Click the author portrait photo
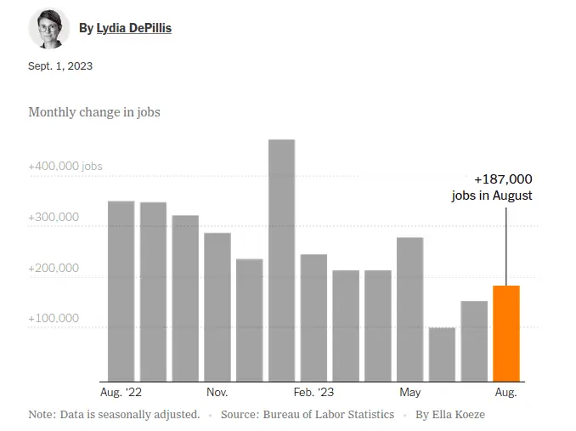pos(48,28)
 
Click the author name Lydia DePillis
pos(133,28)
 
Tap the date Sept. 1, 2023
pos(60,66)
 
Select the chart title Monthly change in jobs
pos(94,112)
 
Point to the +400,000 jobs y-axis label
pos(65,166)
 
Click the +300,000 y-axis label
pos(54,217)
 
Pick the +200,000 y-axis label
pos(54,268)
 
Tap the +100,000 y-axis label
pos(54,318)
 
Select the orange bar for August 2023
pos(505,333)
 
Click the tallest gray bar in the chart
pos(281,260)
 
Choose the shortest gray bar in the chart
pos(442,354)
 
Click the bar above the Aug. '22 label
pos(121,291)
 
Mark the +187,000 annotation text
pos(503,179)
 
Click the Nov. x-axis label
pos(217,393)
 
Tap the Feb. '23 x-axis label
pos(315,393)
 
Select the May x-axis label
pos(410,393)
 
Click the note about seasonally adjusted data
pos(114,415)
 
